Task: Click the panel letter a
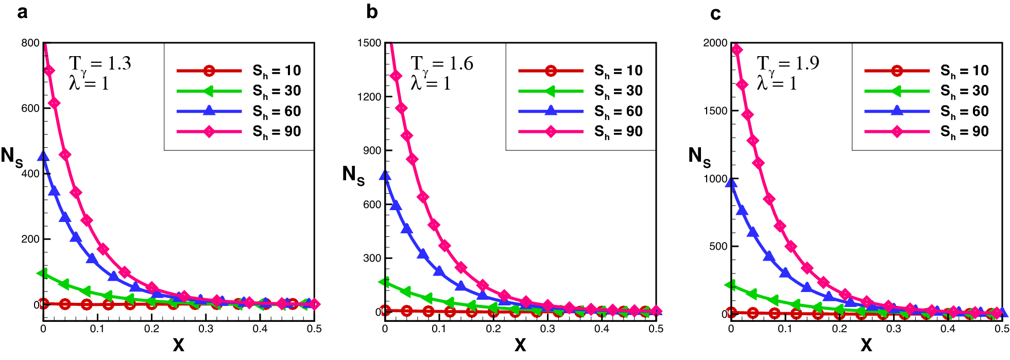[x=22, y=12]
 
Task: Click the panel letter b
[x=372, y=12]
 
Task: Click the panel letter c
[x=715, y=14]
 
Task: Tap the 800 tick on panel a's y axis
[x=30, y=43]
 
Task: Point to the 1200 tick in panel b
[x=369, y=97]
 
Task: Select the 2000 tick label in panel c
[x=715, y=43]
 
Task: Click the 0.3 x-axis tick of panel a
[x=206, y=329]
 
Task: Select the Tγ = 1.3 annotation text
[x=100, y=64]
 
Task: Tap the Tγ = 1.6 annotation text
[x=442, y=64]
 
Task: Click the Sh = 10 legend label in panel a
[x=277, y=71]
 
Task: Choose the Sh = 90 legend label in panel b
[x=618, y=132]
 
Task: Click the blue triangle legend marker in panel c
[x=897, y=111]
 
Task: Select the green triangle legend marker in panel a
[x=209, y=91]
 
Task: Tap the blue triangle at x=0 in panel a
[x=44, y=156]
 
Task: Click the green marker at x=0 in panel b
[x=384, y=282]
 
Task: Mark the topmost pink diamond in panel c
[x=737, y=49]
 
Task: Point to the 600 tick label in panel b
[x=371, y=204]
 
